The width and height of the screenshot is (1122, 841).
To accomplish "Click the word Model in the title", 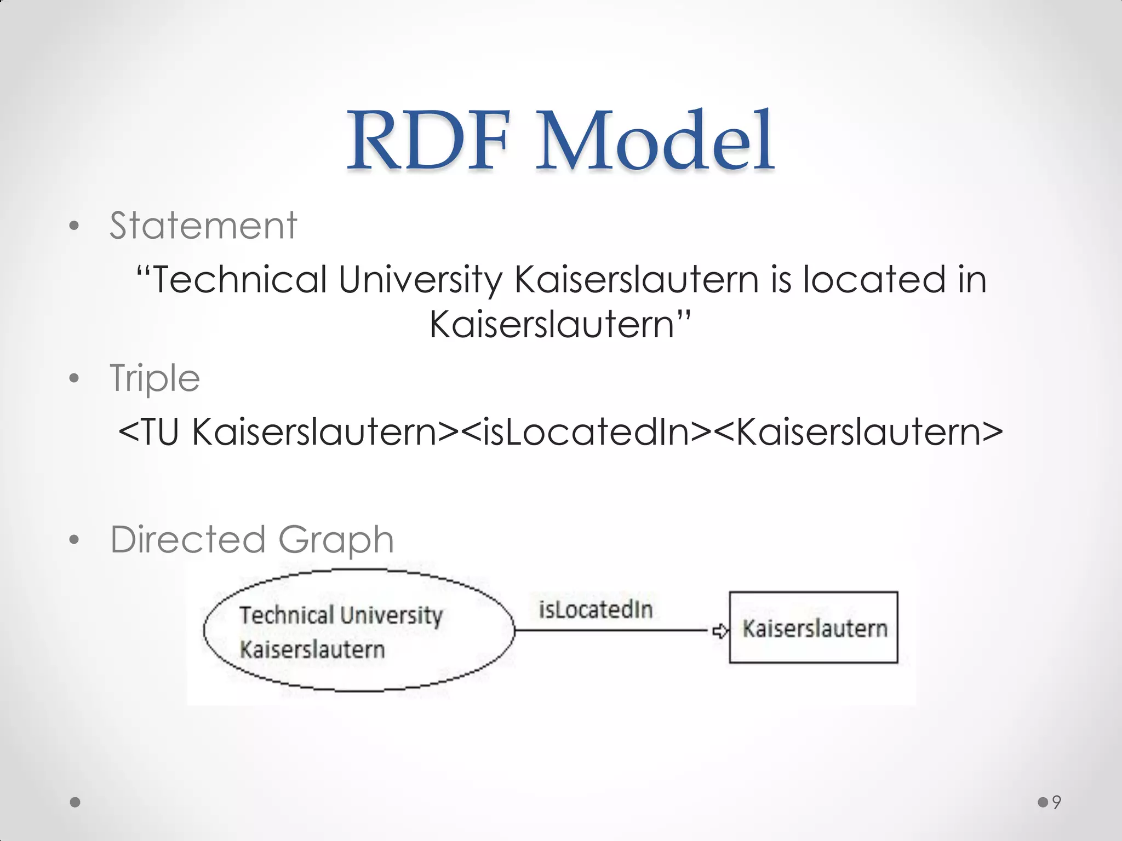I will pyautogui.click(x=655, y=141).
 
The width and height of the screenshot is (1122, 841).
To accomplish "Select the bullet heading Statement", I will pyautogui.click(x=203, y=226).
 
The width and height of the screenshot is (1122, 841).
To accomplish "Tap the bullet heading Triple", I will pyautogui.click(x=155, y=378).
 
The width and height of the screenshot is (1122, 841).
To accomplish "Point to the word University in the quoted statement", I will pyautogui.click(x=420, y=280).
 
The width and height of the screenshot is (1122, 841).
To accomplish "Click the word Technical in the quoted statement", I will pyautogui.click(x=239, y=280).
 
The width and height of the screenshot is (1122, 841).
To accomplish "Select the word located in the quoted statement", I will pyautogui.click(x=874, y=280).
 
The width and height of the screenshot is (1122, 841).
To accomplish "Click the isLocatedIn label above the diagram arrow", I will pyautogui.click(x=596, y=610).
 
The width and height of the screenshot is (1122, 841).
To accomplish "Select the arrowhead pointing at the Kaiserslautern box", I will pyautogui.click(x=720, y=631).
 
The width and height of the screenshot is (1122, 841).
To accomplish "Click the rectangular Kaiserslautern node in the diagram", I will pyautogui.click(x=814, y=628).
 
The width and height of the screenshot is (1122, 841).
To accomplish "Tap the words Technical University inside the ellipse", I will pyautogui.click(x=341, y=615).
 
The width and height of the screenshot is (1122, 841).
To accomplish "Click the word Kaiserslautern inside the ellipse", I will pyautogui.click(x=312, y=650).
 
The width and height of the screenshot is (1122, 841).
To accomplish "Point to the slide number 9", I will pyautogui.click(x=1057, y=802).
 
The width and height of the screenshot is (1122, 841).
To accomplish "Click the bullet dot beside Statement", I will pyautogui.click(x=75, y=226).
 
